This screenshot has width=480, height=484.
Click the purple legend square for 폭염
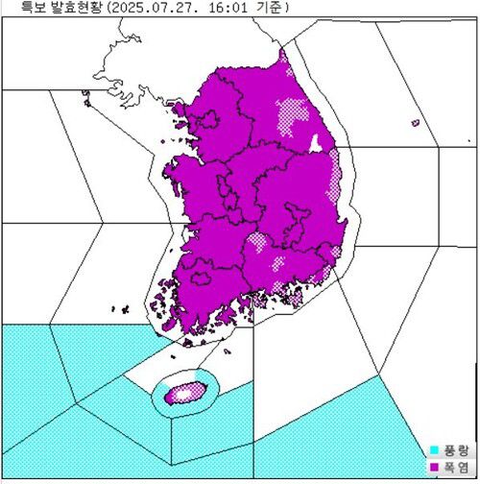pos(435,466)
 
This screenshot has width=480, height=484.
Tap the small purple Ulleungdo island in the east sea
pos(415,123)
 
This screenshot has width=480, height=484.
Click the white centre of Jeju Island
pos(181,393)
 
